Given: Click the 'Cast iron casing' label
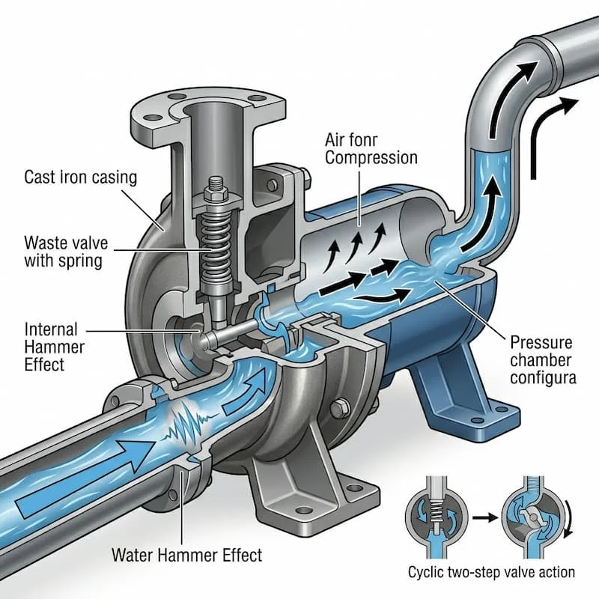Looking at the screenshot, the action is (80, 177).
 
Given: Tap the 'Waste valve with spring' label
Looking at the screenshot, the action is (66, 252).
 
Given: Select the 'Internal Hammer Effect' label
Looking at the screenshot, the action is (54, 347).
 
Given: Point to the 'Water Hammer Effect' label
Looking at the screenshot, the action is (186, 555).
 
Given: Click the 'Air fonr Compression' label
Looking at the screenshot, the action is (371, 149).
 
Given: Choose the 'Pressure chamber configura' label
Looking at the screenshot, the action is (543, 360).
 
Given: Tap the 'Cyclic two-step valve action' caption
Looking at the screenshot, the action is (491, 572).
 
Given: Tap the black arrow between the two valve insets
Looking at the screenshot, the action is (485, 517).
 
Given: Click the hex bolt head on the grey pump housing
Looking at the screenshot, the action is (341, 408).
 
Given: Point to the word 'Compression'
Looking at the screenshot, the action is (371, 158).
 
